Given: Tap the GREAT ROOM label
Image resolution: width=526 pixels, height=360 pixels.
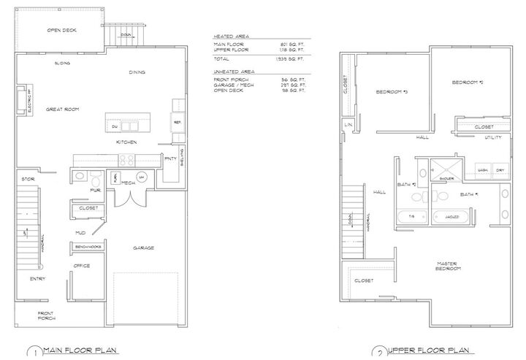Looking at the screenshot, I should coord(62,110).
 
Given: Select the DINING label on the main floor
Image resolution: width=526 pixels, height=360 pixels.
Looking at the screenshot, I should coord(137,72).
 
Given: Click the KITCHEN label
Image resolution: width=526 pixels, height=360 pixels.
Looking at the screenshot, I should coord(127,142).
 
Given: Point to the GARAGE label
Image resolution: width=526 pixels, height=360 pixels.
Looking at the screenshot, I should coord(143,248).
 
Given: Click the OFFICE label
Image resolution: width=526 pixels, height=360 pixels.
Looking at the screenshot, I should coord(82,266).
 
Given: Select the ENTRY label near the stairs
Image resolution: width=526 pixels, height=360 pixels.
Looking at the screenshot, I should coord(39,278).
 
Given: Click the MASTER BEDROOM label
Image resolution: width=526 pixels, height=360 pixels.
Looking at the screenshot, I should coord(449,267).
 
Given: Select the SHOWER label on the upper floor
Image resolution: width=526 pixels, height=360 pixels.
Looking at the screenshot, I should coord(447,177).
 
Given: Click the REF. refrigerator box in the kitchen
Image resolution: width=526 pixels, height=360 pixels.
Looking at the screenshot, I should coord(177,122).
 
